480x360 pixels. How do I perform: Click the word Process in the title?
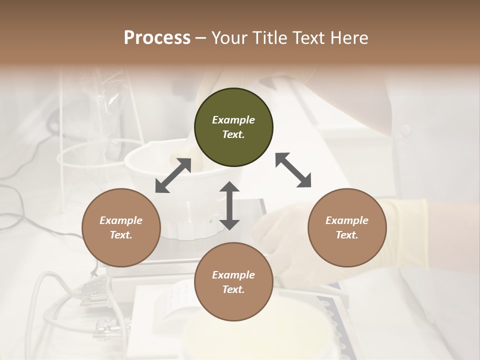(x=157, y=37)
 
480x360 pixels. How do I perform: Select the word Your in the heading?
(x=230, y=37)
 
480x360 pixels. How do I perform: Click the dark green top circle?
(x=233, y=127)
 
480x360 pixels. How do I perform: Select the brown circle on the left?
(x=121, y=227)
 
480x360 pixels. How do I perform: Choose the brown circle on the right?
(x=347, y=227)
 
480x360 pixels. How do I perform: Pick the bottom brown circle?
(x=233, y=282)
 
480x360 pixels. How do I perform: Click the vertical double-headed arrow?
(x=229, y=205)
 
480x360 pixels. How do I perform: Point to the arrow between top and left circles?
(x=173, y=175)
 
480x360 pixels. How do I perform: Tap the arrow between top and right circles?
(x=293, y=170)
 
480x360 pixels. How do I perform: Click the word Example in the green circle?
(x=233, y=120)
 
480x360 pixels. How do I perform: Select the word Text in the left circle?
(x=121, y=235)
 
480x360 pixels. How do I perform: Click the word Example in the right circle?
(x=347, y=220)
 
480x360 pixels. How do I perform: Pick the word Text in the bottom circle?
(x=233, y=289)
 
